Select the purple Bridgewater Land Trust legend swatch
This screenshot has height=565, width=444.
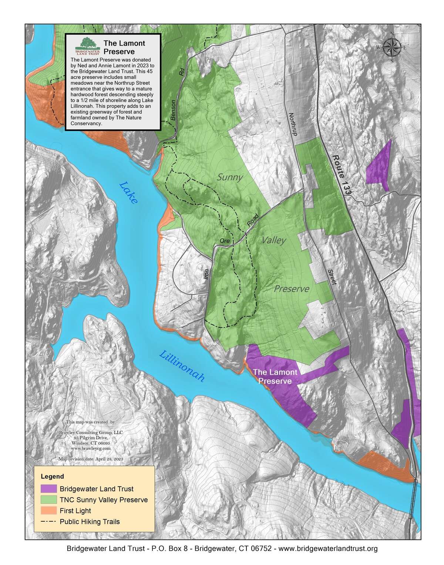pos(49,489)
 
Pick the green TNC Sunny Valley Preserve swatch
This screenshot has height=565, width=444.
pos(49,500)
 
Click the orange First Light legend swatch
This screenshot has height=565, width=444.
pos(49,511)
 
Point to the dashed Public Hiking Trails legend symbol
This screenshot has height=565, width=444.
pos(49,522)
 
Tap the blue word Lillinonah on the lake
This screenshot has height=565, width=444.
pos(182,366)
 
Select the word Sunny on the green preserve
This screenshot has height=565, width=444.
pos(230,177)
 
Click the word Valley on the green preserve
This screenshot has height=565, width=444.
pos(274,241)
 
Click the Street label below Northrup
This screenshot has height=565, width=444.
pos(332,277)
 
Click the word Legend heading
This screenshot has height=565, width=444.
pos(52,476)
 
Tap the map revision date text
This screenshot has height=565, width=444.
pos(91,459)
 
